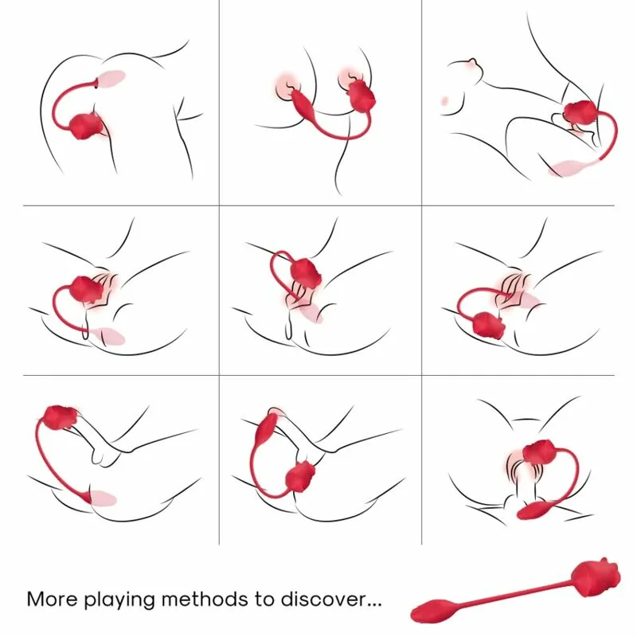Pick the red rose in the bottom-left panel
pyautogui.click(x=57, y=416)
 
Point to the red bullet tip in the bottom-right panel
pyautogui.click(x=531, y=510)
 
